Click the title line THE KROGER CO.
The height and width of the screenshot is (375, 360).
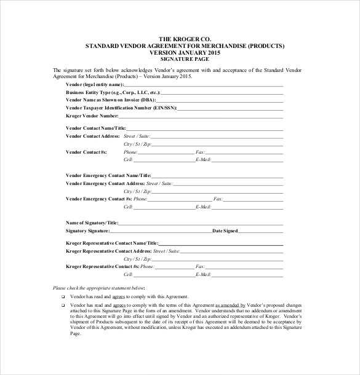(x=180, y=38)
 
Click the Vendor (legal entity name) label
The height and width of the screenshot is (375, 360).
(x=94, y=84)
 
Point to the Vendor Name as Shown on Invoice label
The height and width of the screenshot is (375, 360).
(x=110, y=99)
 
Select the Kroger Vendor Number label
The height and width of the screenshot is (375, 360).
(x=92, y=115)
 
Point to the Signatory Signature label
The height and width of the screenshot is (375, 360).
(x=87, y=231)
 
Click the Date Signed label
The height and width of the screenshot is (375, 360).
(x=225, y=231)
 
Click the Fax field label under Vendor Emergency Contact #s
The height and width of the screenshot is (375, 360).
(x=218, y=199)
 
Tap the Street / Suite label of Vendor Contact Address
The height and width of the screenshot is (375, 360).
(x=137, y=135)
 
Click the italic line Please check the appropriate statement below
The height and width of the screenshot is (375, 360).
(x=99, y=287)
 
